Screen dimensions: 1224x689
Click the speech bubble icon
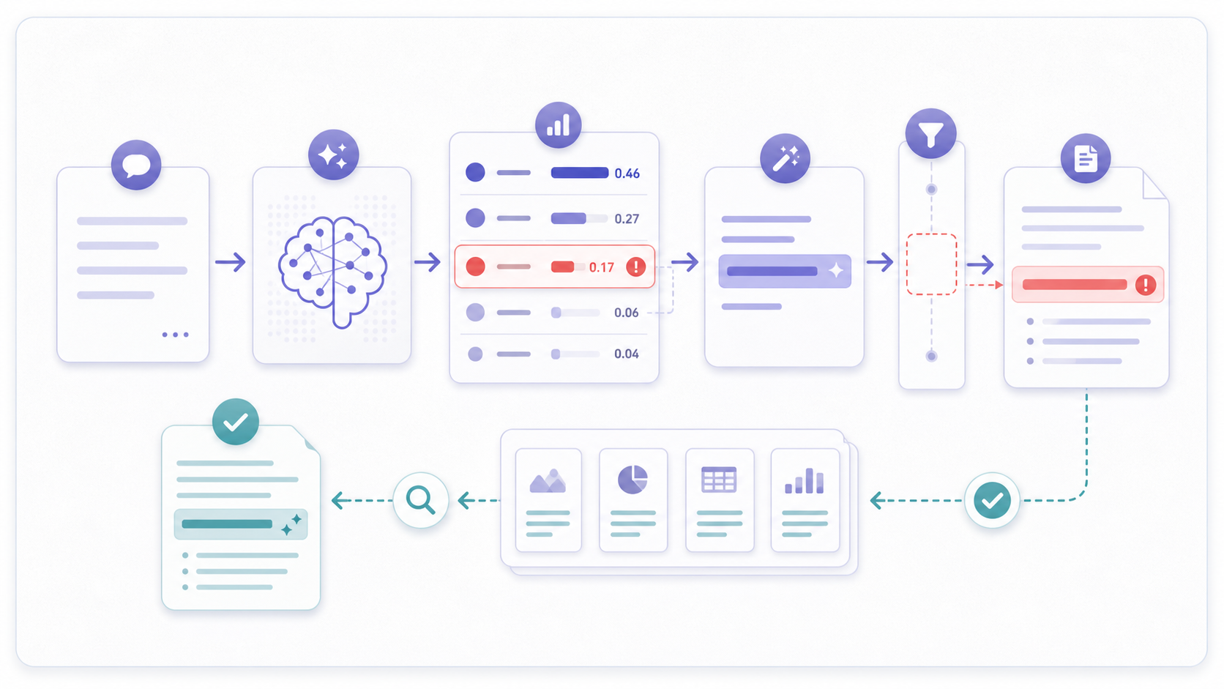click(136, 165)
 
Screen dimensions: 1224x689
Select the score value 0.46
click(627, 174)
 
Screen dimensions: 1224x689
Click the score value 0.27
click(627, 218)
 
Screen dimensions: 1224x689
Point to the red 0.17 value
click(602, 267)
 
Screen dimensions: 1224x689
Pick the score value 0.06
click(626, 313)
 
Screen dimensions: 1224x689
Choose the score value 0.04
click(626, 354)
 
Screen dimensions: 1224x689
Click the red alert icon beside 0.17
click(635, 267)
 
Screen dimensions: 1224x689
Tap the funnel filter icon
click(930, 133)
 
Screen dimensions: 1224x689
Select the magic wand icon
click(785, 158)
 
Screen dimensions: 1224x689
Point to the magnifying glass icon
click(421, 500)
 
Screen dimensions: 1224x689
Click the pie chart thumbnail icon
click(632, 480)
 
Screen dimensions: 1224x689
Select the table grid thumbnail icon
click(719, 479)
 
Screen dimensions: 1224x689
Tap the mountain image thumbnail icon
click(548, 481)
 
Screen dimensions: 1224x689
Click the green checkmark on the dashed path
click(992, 500)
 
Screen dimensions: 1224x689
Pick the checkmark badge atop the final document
click(236, 422)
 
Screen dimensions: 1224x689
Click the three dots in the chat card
click(176, 335)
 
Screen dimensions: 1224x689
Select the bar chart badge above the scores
click(558, 125)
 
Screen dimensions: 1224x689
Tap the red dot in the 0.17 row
click(475, 267)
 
